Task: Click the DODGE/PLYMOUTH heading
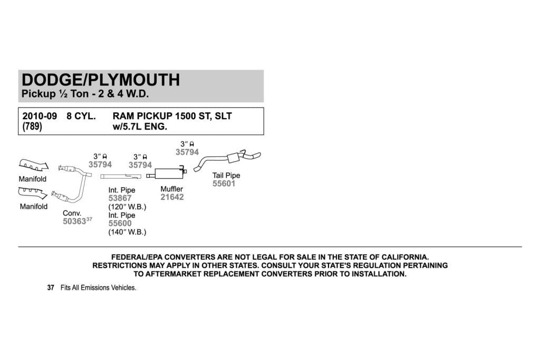(x=101, y=80)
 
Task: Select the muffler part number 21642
(x=172, y=197)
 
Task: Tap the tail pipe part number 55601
(x=224, y=183)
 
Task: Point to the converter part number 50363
(x=74, y=221)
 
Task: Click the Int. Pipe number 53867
(x=120, y=198)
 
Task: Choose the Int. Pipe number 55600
(x=120, y=223)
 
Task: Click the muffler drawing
(x=167, y=172)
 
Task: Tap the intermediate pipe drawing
(x=121, y=177)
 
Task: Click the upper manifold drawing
(x=33, y=165)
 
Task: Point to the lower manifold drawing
(x=33, y=193)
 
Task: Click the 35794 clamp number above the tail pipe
(x=187, y=152)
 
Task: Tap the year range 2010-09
(x=40, y=116)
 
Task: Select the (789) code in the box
(x=32, y=127)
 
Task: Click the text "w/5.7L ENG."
(x=140, y=127)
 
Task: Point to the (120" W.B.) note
(x=127, y=207)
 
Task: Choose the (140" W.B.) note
(x=127, y=232)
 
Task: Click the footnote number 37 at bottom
(x=51, y=288)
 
